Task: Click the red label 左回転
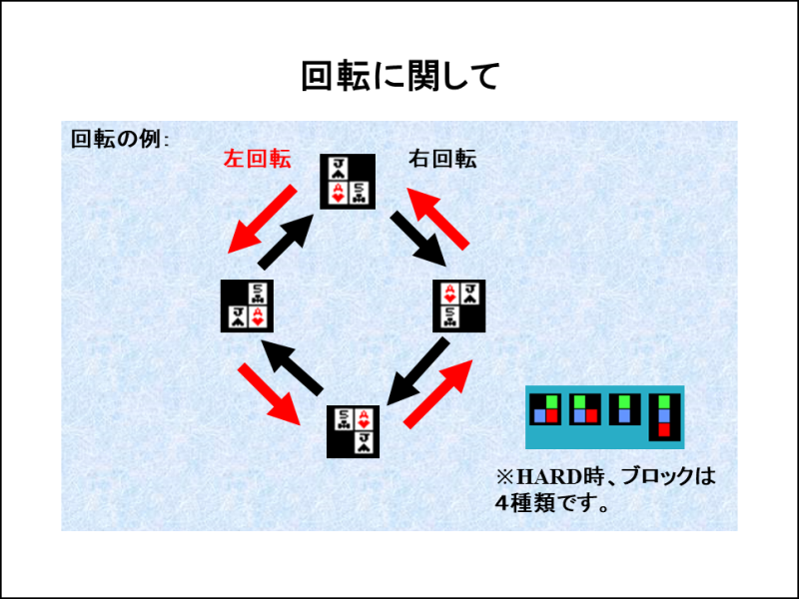tap(258, 159)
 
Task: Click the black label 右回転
tap(442, 159)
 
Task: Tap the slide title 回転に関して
tap(399, 77)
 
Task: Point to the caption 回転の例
tap(116, 139)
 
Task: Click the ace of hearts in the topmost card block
tap(338, 194)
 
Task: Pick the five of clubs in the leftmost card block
tap(258, 294)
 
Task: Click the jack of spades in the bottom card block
tap(365, 443)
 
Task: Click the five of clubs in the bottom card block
tap(344, 418)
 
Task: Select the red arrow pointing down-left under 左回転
tap(262, 220)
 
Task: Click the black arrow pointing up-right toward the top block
tap(286, 242)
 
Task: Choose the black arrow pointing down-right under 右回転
tap(418, 239)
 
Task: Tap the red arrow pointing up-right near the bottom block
tap(438, 393)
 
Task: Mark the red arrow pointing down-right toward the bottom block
tap(270, 393)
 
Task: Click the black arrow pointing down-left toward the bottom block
tap(418, 371)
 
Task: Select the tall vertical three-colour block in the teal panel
tap(664, 417)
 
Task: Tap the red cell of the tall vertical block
tap(664, 430)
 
